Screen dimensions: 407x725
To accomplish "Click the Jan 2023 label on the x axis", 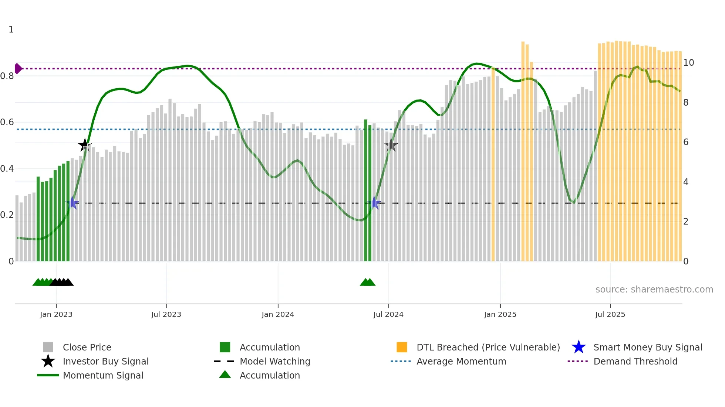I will (x=56, y=314).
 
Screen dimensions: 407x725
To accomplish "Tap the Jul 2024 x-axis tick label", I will (x=388, y=314).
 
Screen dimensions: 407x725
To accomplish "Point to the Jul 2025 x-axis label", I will (x=610, y=314).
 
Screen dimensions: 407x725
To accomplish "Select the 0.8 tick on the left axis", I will (x=7, y=76).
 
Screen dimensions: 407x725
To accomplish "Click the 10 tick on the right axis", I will (x=688, y=63).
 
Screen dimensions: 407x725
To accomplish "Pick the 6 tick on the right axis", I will (x=686, y=142).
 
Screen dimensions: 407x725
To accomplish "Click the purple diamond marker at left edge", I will (x=18, y=69).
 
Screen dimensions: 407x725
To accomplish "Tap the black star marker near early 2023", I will (x=85, y=145).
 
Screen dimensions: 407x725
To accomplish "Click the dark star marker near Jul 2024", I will (x=391, y=145).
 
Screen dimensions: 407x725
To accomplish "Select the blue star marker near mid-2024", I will (x=375, y=203).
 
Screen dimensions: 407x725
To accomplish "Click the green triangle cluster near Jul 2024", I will (x=367, y=282).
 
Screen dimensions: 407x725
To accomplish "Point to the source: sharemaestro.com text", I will (x=654, y=290).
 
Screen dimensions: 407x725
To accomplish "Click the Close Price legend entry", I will (x=87, y=347).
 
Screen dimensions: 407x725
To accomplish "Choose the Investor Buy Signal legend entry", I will (x=105, y=361).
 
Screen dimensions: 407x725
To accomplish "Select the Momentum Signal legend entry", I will (x=103, y=375).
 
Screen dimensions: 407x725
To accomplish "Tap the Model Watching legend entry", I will (x=275, y=361).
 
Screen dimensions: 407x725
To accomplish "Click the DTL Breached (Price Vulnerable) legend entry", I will (x=488, y=347).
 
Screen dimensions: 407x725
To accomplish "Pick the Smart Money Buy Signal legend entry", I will (x=647, y=347).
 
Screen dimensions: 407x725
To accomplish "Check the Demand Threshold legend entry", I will (x=635, y=361).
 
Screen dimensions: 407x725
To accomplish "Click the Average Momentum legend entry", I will (x=461, y=361).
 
